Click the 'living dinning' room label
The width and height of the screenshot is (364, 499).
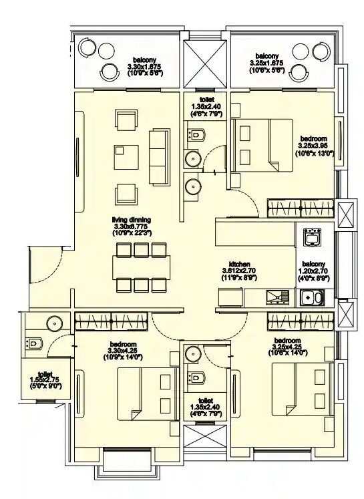[132, 219]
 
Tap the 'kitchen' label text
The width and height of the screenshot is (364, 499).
[240, 263]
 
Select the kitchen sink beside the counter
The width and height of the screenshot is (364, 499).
[274, 297]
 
